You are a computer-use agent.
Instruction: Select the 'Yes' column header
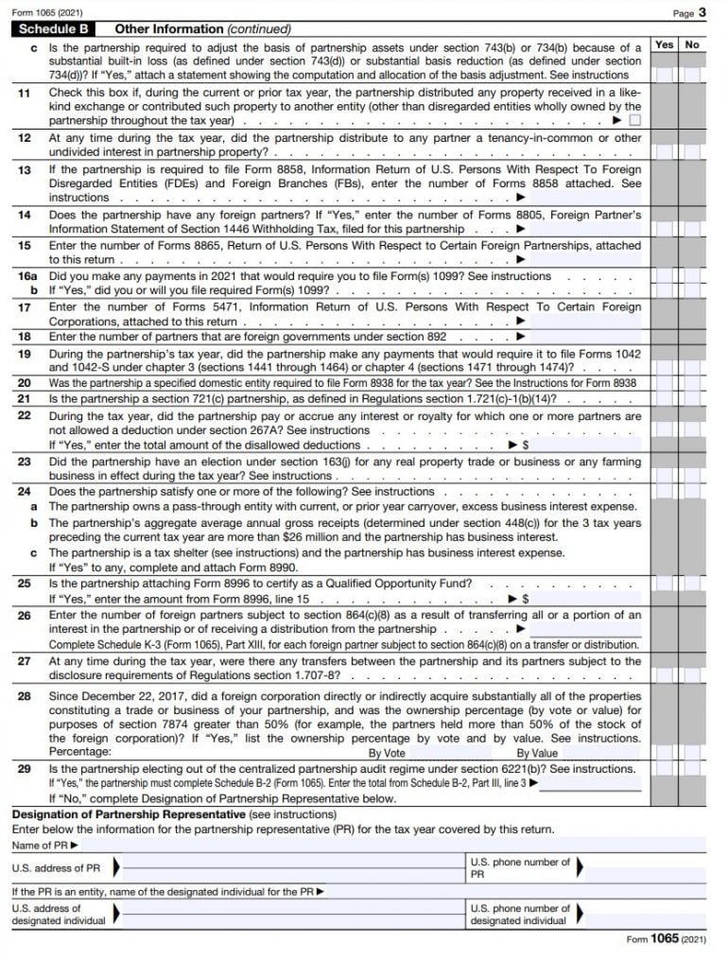coord(665,44)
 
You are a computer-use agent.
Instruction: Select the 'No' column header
coord(692,44)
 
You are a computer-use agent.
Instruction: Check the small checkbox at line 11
coord(634,121)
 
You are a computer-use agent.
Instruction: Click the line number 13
coord(25,169)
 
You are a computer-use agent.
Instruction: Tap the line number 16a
coord(26,276)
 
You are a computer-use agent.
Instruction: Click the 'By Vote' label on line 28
coord(387,753)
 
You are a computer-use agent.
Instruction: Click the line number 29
coord(25,769)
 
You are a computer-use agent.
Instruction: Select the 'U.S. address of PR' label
coord(56,867)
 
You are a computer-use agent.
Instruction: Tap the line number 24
coord(25,491)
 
